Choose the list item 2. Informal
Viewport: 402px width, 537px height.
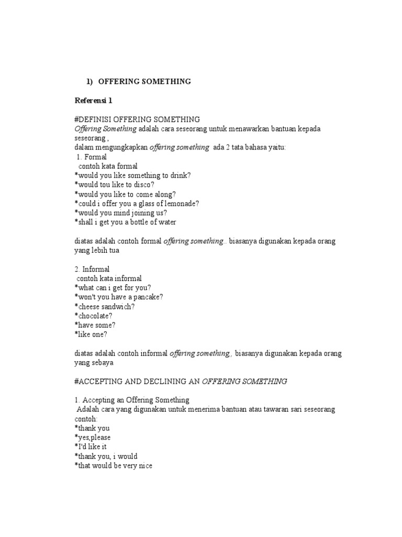pos(92,269)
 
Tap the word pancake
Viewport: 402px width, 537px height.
pos(147,297)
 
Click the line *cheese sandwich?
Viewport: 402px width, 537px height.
pos(104,306)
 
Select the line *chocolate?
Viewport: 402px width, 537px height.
pos(94,316)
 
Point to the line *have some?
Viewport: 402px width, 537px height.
pos(95,325)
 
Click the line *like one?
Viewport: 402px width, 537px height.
pos(91,335)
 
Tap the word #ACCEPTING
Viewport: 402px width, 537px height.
pos(100,381)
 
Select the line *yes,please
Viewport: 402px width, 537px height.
pos(92,437)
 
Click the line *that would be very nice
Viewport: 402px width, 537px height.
pos(113,466)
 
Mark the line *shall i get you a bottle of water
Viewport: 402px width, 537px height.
pos(125,222)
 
